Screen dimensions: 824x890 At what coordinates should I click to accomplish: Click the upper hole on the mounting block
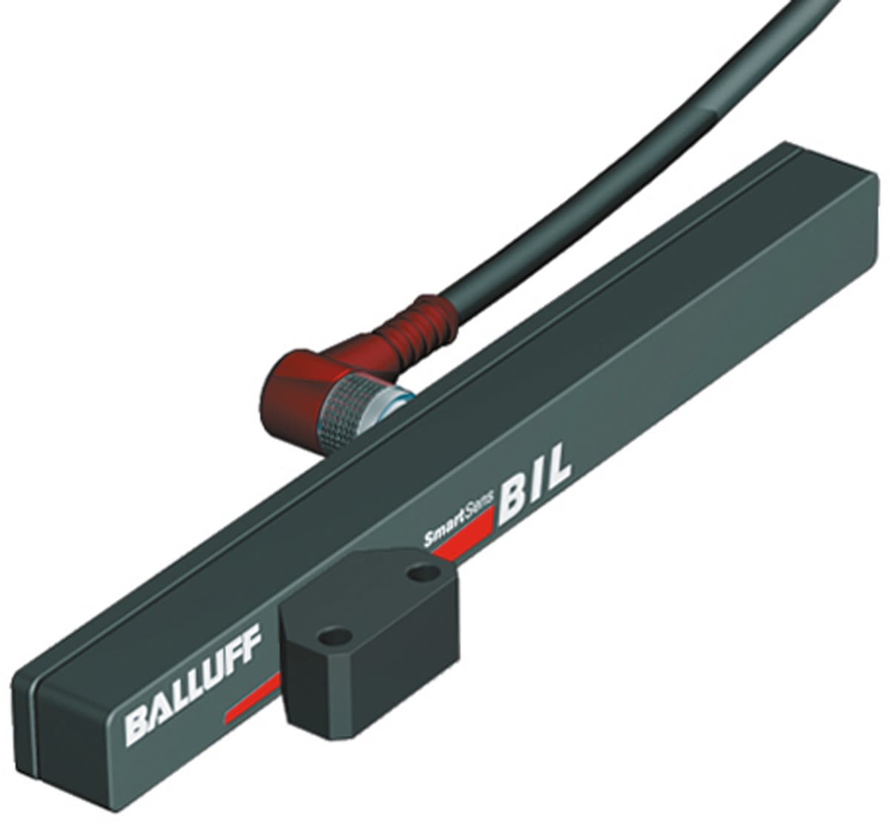pos(422,572)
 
